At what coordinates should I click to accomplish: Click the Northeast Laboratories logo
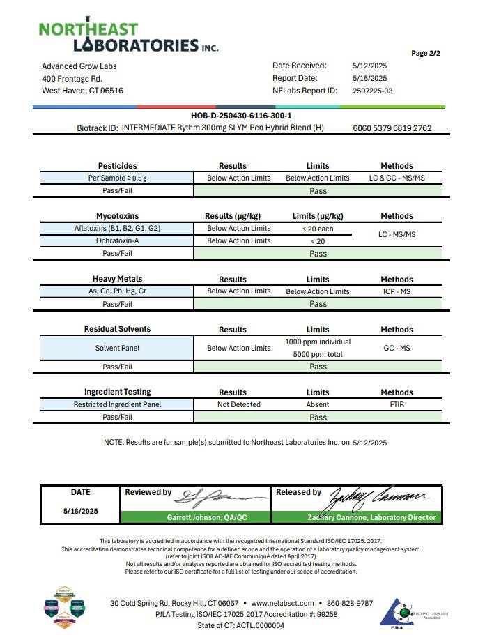click(x=128, y=37)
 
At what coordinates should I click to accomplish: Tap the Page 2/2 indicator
click(x=426, y=54)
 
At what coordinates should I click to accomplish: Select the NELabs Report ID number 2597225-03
click(x=373, y=91)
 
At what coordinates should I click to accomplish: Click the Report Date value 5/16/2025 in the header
click(x=370, y=78)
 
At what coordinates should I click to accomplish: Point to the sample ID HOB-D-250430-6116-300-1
click(x=241, y=116)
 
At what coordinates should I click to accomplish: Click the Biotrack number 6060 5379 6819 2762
click(x=392, y=128)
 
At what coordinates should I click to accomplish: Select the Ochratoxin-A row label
click(x=117, y=240)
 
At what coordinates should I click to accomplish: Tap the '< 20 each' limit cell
click(x=318, y=229)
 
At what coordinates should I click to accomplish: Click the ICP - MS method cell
click(x=397, y=291)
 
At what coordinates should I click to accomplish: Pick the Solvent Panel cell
click(x=117, y=348)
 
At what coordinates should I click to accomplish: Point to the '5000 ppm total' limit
click(x=318, y=354)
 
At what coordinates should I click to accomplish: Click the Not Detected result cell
click(x=239, y=404)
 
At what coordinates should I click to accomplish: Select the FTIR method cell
click(x=397, y=404)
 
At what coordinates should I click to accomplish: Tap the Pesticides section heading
click(x=117, y=166)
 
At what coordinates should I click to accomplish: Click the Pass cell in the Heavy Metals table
click(x=318, y=304)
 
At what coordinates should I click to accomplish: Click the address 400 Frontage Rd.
click(x=72, y=79)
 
